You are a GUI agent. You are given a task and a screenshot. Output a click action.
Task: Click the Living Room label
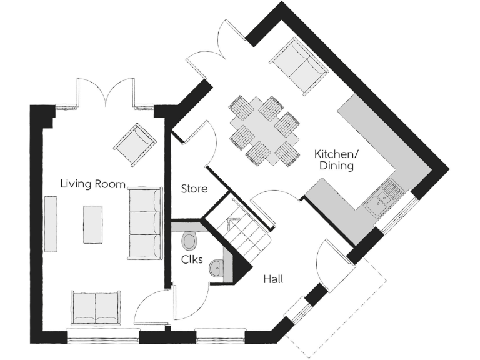[92, 184]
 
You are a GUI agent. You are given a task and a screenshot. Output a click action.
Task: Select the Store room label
[194, 188]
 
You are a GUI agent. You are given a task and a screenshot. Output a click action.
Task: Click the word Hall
[272, 279]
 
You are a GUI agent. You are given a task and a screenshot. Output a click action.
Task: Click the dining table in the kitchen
[264, 131]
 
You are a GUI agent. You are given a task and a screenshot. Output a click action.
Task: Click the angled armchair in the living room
[134, 144]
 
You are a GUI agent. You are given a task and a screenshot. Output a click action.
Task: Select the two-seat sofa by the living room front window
[96, 307]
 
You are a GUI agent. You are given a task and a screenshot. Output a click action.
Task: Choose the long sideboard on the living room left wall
[51, 224]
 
